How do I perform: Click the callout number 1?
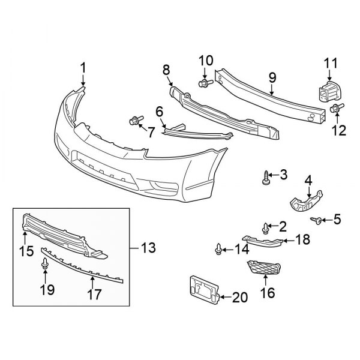click(x=83, y=67)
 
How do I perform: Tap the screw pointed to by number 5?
click(x=316, y=221)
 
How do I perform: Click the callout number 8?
click(x=166, y=71)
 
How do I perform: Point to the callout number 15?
click(x=25, y=251)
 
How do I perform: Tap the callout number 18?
click(x=302, y=241)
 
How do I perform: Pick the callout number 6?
click(x=160, y=111)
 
